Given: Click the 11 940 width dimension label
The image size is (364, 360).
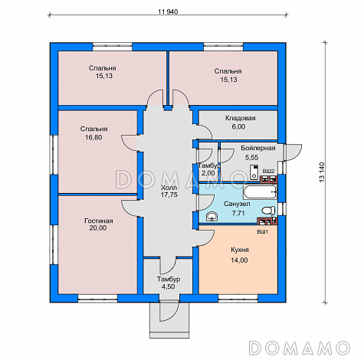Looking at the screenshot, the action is [x=168, y=11].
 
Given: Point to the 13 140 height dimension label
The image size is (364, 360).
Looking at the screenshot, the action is [x=322, y=172].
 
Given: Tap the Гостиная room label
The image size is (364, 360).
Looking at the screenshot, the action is [x=99, y=221].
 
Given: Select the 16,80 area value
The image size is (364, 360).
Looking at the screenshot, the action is [x=93, y=137].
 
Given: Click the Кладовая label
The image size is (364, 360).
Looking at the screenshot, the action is [x=241, y=118].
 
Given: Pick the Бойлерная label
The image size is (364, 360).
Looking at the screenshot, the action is [x=258, y=148].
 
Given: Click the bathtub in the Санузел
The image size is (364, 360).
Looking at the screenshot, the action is [x=261, y=192].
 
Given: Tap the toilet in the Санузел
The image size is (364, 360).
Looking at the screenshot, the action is [x=268, y=211].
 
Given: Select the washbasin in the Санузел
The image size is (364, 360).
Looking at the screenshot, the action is [x=212, y=217].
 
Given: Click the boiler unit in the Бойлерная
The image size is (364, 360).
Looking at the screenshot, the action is [x=254, y=172].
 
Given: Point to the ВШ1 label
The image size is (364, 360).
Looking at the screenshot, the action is [x=263, y=232].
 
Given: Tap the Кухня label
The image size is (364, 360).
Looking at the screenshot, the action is [x=240, y=250].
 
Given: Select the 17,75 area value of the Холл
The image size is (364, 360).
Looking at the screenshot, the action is [x=169, y=195].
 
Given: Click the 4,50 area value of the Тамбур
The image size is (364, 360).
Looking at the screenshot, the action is [x=168, y=286].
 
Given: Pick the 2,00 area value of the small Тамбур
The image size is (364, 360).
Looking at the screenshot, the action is [x=208, y=173].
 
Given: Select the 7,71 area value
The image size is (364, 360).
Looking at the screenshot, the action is [x=238, y=213].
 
